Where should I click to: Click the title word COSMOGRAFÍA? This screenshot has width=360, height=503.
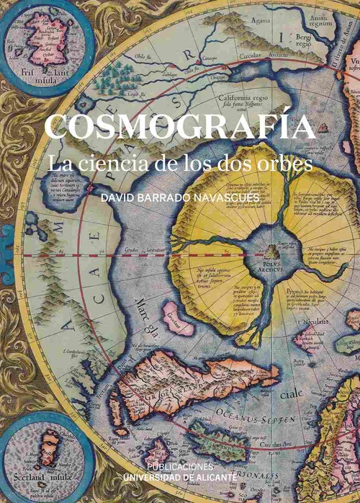(x=180, y=128)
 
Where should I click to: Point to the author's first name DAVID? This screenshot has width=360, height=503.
(x=117, y=195)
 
